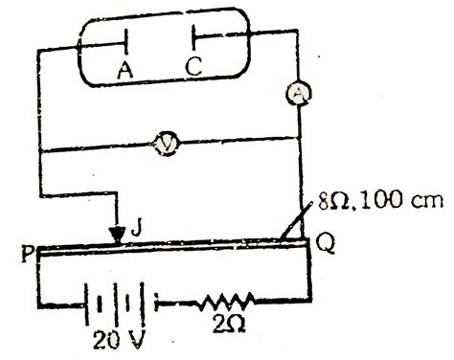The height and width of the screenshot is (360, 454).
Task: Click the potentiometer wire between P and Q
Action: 192,248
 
